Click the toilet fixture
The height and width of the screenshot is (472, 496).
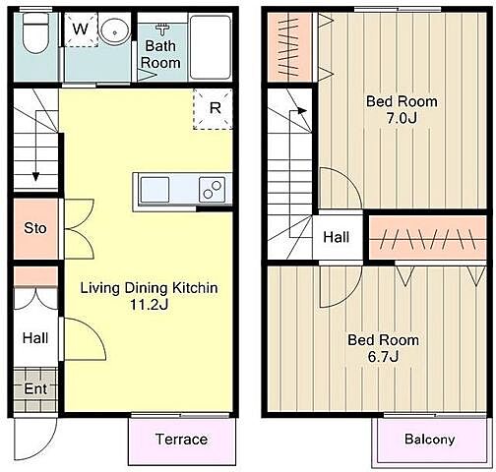[35, 32]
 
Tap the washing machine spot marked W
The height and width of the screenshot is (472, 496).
[81, 29]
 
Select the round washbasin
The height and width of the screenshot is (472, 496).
[114, 31]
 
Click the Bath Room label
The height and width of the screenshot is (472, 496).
[160, 54]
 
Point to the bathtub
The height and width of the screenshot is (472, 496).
[211, 47]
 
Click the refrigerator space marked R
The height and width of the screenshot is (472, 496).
[214, 109]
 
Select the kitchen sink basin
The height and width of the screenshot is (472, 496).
[155, 190]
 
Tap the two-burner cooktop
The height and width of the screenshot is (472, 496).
[213, 190]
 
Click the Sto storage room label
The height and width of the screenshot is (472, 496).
[35, 228]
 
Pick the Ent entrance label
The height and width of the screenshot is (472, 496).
[35, 389]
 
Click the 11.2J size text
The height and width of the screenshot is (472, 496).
[150, 305]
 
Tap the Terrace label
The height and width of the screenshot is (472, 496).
[181, 440]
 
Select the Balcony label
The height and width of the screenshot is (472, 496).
[430, 440]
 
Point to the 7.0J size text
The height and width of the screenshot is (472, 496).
[402, 118]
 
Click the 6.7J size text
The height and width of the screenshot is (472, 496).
[383, 356]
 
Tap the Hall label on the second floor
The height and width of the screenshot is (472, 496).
[337, 237]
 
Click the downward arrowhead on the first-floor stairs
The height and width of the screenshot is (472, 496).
[35, 177]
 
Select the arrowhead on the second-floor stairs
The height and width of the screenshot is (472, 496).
[303, 111]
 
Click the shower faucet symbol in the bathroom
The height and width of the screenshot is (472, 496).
[162, 29]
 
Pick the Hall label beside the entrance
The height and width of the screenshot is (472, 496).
[35, 338]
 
